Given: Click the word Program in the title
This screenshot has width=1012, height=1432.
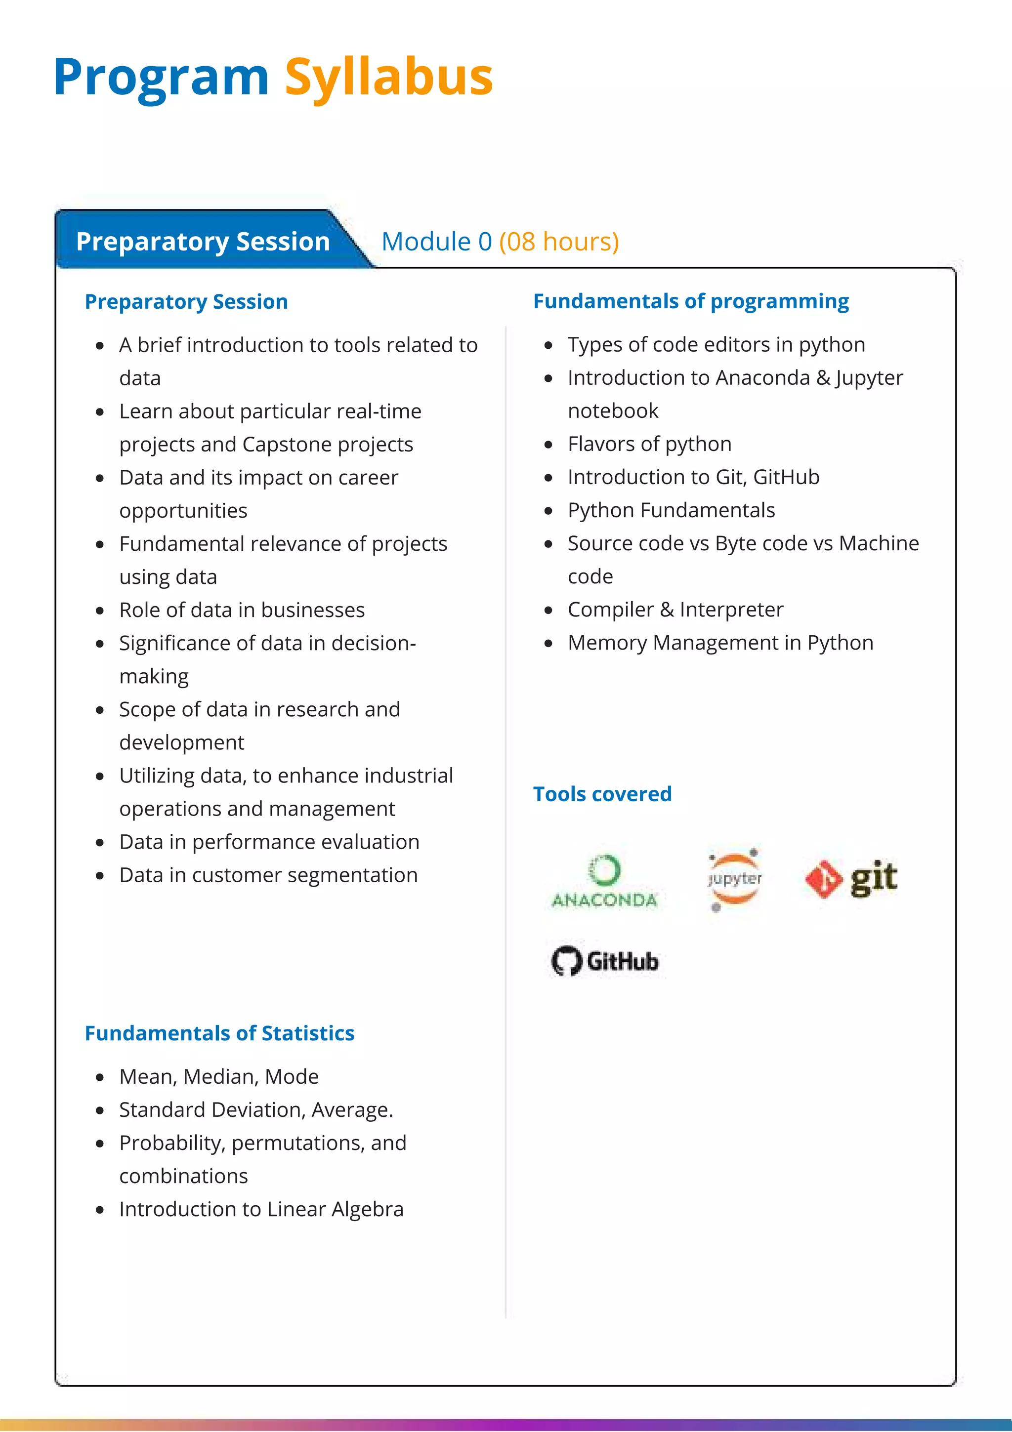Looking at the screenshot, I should pyautogui.click(x=161, y=78).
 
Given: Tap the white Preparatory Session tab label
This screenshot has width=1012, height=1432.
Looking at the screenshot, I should pyautogui.click(x=203, y=242).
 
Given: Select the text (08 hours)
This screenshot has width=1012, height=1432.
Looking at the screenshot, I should pyautogui.click(x=559, y=242).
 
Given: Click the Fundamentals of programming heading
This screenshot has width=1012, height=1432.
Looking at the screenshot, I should pyautogui.click(x=691, y=301).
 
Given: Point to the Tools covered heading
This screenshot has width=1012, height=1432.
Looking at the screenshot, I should pyautogui.click(x=602, y=794).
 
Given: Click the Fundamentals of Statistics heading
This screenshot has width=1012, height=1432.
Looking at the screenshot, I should pyautogui.click(x=219, y=1033).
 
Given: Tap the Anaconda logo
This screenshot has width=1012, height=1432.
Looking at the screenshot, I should pyautogui.click(x=604, y=881).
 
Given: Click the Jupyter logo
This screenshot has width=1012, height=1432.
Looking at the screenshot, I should pyautogui.click(x=734, y=879).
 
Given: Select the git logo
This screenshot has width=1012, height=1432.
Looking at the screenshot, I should pyautogui.click(x=851, y=878).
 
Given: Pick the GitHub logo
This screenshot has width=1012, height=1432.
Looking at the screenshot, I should pyautogui.click(x=604, y=961).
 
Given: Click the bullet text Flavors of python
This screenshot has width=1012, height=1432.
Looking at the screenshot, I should pyautogui.click(x=649, y=444).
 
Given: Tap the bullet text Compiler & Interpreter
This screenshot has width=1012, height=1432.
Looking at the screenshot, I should pyautogui.click(x=675, y=610).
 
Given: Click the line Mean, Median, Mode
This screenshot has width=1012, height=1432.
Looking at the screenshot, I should pyautogui.click(x=219, y=1076).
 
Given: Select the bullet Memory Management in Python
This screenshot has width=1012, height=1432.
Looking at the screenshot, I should pyautogui.click(x=720, y=643).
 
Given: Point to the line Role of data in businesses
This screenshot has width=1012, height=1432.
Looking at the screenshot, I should pyautogui.click(x=242, y=610).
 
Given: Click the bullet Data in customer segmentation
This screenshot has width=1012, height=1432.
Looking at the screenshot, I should pyautogui.click(x=268, y=875).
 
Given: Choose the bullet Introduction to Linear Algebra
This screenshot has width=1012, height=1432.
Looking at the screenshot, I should pyautogui.click(x=261, y=1209).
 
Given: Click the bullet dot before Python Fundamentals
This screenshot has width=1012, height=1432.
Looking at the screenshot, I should pyautogui.click(x=548, y=511).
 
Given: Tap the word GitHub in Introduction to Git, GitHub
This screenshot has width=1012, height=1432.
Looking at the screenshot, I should pyautogui.click(x=786, y=477).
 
